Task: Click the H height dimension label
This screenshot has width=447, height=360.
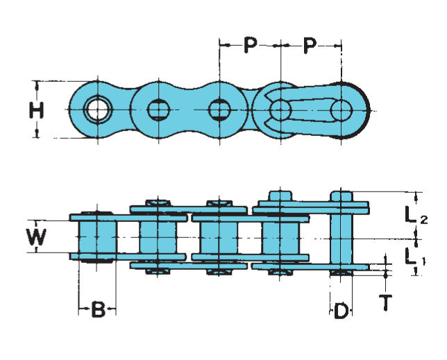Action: pos(37,110)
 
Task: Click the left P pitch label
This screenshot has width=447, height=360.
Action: pos(250,45)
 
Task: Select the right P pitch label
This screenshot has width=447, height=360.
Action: pos(310,46)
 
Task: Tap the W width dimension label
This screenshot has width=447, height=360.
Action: pos(37,237)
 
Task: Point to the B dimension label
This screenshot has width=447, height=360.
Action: pos(98,309)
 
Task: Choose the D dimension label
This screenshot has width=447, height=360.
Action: pos(341,310)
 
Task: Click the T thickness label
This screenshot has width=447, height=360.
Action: pos(385,302)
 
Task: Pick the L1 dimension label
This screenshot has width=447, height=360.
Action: pos(415,257)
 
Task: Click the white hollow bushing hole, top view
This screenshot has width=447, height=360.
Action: pos(98,110)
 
